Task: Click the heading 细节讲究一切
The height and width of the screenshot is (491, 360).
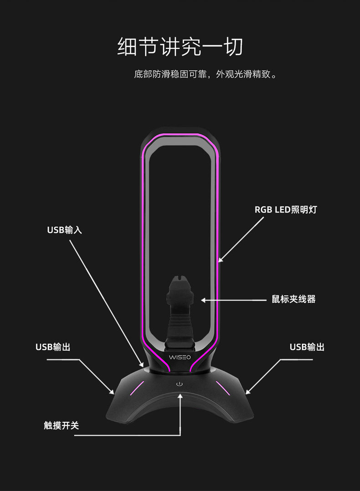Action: click(x=180, y=47)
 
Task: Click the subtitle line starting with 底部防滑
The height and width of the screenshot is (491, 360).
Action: click(x=206, y=74)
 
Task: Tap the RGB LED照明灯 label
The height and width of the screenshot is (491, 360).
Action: click(x=286, y=210)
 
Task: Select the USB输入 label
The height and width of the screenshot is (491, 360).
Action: click(x=65, y=230)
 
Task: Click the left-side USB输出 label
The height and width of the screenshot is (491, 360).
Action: click(x=53, y=347)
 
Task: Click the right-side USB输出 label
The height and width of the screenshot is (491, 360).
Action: click(x=307, y=347)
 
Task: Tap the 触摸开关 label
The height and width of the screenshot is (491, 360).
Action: click(x=62, y=425)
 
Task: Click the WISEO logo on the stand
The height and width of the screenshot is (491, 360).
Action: click(x=180, y=357)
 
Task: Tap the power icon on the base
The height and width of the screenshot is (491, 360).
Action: click(x=180, y=384)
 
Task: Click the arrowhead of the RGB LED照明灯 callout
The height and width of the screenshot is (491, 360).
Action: click(x=220, y=260)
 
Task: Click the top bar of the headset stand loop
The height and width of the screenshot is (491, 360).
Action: click(x=180, y=135)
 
